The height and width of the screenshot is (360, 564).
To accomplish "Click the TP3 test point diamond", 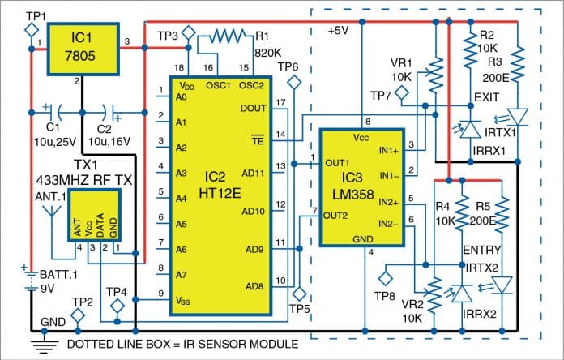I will (x=189, y=34).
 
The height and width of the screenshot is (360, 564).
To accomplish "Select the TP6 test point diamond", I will (x=295, y=80).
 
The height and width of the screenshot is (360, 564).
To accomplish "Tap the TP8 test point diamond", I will (x=384, y=277).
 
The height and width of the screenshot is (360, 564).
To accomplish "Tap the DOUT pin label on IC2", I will (x=254, y=108).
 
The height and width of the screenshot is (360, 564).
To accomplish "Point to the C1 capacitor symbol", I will (x=51, y=109).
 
